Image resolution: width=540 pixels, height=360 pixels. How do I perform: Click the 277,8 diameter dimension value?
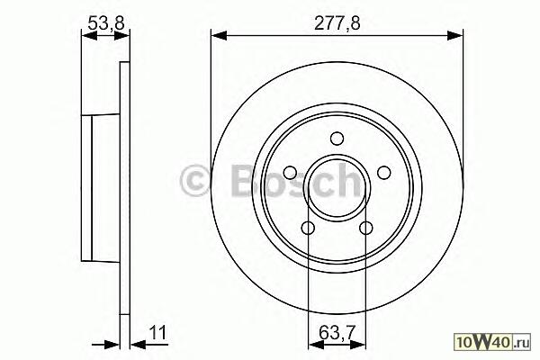[337, 23]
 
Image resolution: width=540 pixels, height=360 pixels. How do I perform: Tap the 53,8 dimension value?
[105, 23]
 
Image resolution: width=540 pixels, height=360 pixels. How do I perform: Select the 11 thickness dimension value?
[157, 332]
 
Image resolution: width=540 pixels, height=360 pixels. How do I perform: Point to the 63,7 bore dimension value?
[337, 332]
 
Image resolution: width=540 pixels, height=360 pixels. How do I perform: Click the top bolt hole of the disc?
[337, 139]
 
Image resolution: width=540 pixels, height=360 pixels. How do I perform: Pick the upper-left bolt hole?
[291, 173]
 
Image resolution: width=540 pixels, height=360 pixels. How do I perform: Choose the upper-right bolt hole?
[383, 173]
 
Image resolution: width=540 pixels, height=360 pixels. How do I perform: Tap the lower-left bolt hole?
[308, 228]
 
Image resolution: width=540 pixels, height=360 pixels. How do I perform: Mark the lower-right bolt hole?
[365, 228]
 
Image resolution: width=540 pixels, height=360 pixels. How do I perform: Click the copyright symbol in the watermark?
[195, 181]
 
